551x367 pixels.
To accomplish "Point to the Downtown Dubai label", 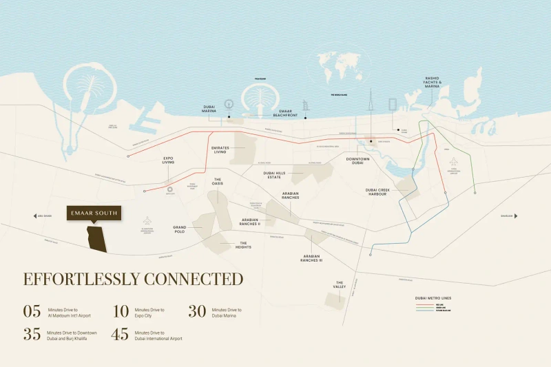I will tap(357, 161).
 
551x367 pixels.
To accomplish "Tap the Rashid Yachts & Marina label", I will tap(433, 83).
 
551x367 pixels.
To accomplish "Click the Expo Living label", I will tap(168, 160).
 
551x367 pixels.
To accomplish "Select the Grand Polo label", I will tap(180, 229).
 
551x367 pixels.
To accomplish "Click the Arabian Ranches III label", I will tap(312, 259).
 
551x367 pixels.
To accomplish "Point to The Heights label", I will tap(243, 245).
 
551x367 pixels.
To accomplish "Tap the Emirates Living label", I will tap(220, 149).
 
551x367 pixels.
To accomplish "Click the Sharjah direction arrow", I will tap(515, 216).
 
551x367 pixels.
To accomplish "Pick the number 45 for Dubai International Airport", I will tap(121, 335).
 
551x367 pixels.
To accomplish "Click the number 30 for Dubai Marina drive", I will tap(198, 311).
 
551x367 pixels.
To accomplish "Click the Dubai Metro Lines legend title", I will tap(433, 298).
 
